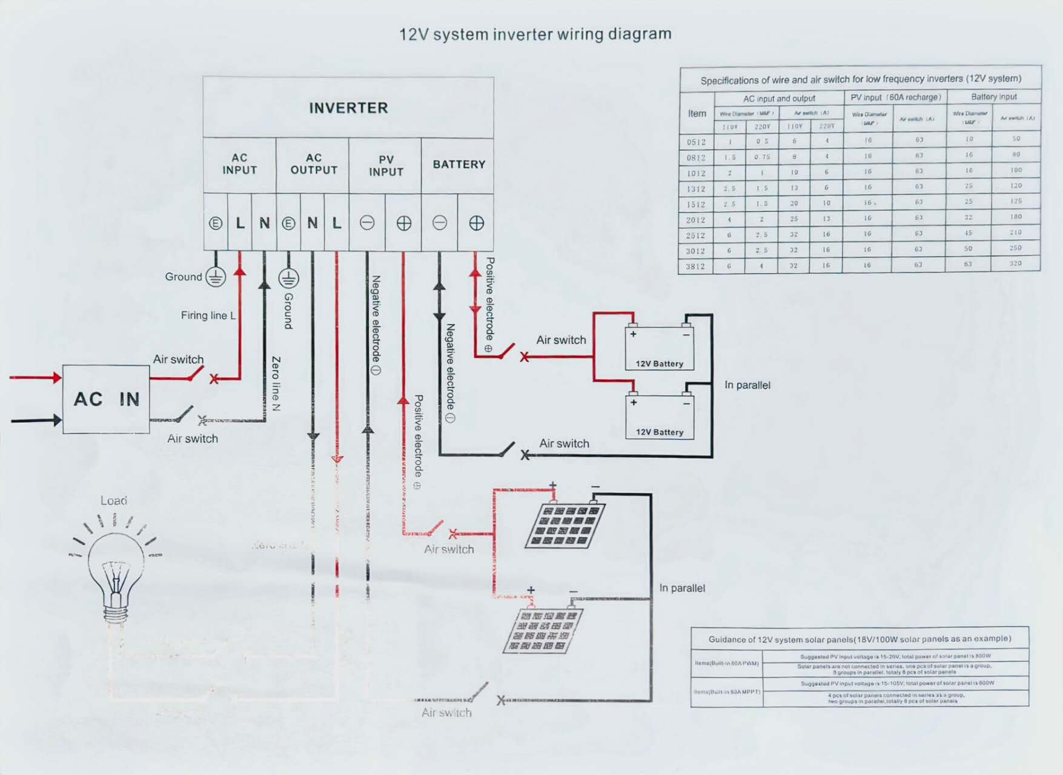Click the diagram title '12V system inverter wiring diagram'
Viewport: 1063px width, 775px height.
535,34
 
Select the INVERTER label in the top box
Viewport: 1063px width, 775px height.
348,108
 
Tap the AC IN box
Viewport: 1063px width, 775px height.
106,399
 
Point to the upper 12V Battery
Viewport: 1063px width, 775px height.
659,349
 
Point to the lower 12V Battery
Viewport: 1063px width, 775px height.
659,417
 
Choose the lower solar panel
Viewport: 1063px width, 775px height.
543,630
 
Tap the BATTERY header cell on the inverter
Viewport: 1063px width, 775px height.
459,165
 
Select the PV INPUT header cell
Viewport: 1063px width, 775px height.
386,165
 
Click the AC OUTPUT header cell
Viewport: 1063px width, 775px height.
313,164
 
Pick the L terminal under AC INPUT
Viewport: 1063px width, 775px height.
240,223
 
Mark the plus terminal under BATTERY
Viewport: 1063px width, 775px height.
476,223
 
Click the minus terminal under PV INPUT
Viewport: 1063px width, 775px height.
367,223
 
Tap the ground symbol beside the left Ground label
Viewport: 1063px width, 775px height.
216,277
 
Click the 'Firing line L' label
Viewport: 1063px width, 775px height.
208,315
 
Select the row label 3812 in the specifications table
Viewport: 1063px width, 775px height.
695,266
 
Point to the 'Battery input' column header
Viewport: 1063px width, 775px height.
994,97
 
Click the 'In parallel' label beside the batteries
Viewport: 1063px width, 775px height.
747,385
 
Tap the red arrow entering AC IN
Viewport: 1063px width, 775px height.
36,378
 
